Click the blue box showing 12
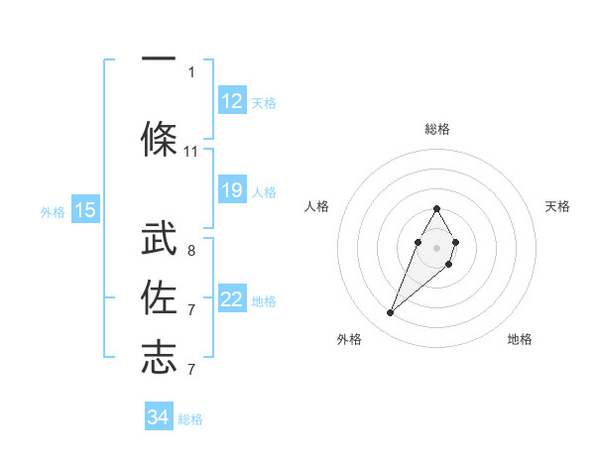pyautogui.click(x=231, y=101)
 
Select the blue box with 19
pyautogui.click(x=231, y=190)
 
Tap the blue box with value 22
pyautogui.click(x=231, y=299)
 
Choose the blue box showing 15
pyautogui.click(x=85, y=210)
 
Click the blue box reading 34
pyautogui.click(x=159, y=417)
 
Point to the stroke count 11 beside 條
pyautogui.click(x=191, y=152)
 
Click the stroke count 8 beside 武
pyautogui.click(x=191, y=251)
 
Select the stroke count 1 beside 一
pyautogui.click(x=191, y=71)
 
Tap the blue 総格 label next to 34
pyautogui.click(x=190, y=419)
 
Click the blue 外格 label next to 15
pyautogui.click(x=53, y=211)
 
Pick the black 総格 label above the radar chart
pyautogui.click(x=437, y=129)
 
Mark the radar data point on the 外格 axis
pyautogui.click(x=391, y=313)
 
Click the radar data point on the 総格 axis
pyautogui.click(x=437, y=208)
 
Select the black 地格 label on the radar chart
pyautogui.click(x=520, y=339)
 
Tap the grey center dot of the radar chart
pyautogui.click(x=437, y=247)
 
